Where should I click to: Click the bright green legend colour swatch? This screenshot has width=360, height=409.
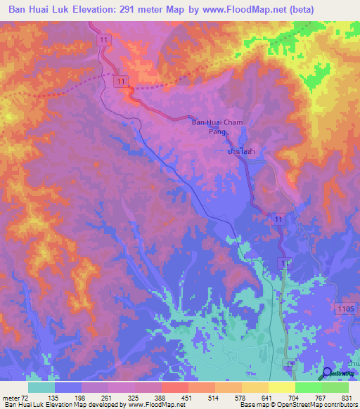[x=308, y=387]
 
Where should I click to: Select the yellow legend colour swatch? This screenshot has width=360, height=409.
[x=281, y=387]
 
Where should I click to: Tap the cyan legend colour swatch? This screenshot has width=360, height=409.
[x=41, y=387]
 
